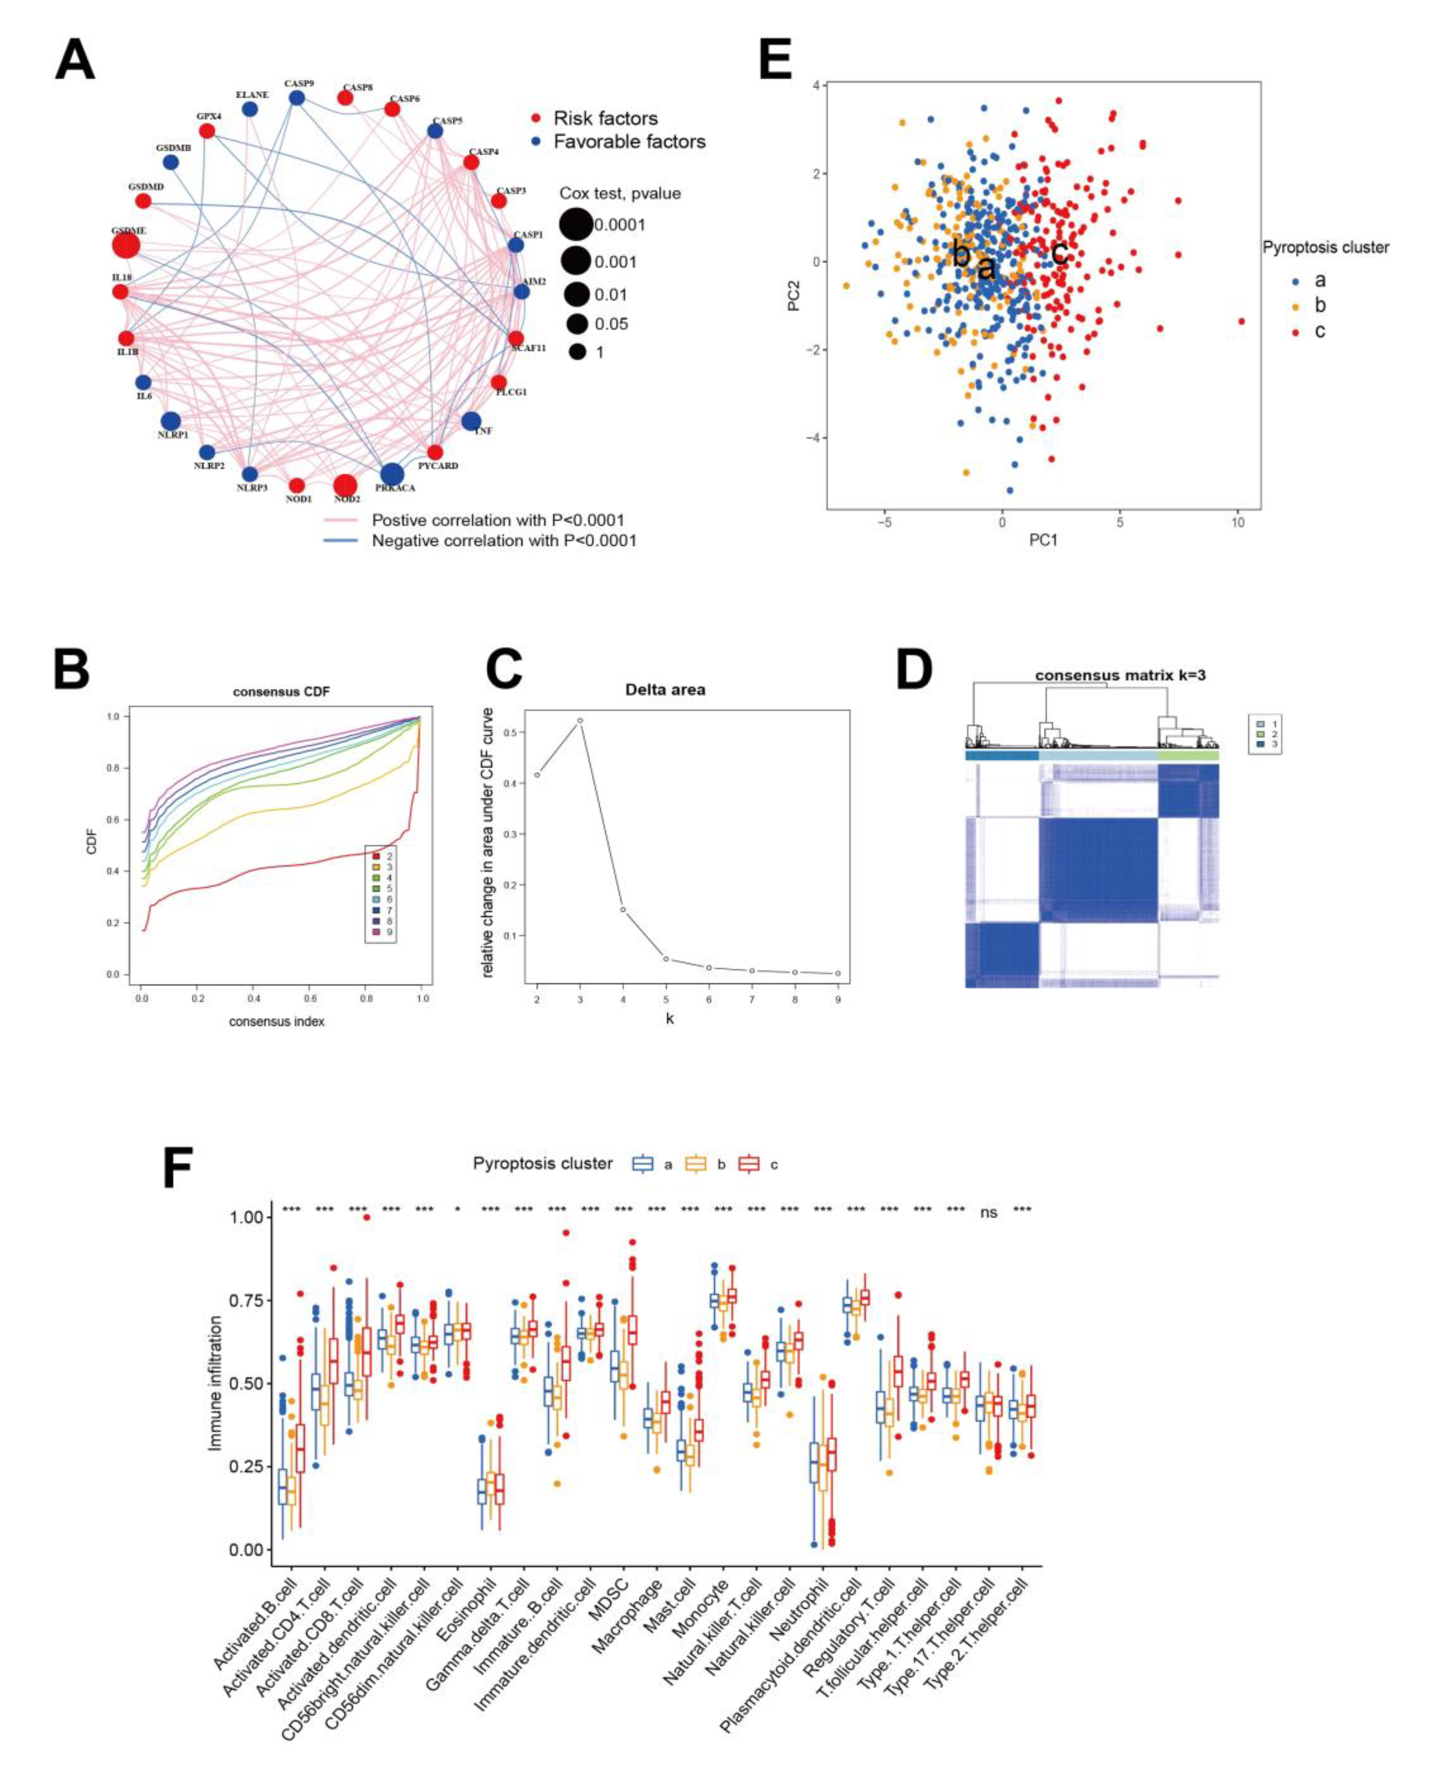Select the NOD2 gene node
pos(345,486)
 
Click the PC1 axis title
pos(1042,541)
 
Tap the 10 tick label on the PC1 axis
pos(1237,523)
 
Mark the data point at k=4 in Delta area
pos(623,909)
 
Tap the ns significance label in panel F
pos(988,1213)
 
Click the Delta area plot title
pos(665,690)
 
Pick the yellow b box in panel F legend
pos(697,1164)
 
